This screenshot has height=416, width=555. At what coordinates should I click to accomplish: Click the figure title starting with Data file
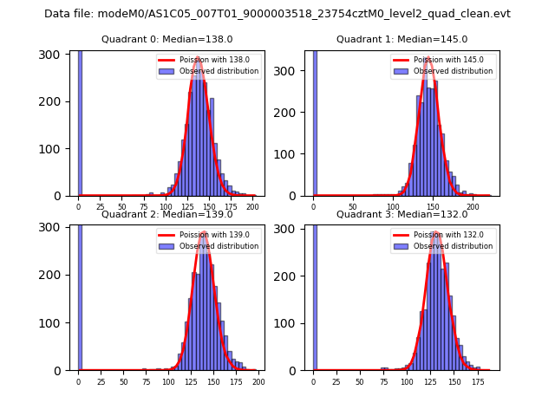coord(277,14)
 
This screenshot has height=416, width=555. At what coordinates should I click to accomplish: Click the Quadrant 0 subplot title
coord(167,39)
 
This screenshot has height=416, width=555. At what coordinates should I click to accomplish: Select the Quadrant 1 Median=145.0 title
coord(402,39)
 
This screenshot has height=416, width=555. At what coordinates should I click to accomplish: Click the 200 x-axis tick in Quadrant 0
coord(252,207)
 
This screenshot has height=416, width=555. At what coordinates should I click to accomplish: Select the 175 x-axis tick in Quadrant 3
coord(476,381)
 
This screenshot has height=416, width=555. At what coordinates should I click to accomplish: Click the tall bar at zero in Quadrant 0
coord(80,121)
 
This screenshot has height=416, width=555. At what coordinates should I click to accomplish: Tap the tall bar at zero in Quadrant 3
coord(315,295)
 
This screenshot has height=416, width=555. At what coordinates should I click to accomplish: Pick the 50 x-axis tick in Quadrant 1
coord(353,207)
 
